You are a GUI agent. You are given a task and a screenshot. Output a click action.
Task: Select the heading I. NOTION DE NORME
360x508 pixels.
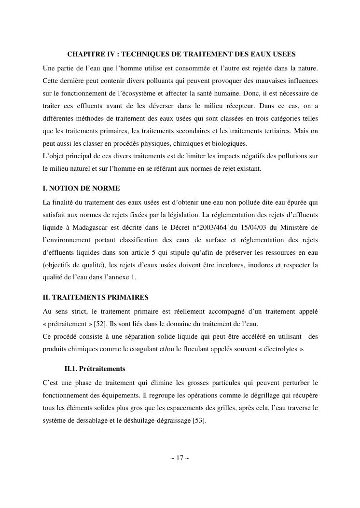(81, 188)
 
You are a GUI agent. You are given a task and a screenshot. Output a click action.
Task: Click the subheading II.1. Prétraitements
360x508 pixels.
(95, 369)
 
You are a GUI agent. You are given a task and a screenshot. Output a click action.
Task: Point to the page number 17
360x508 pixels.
(180, 458)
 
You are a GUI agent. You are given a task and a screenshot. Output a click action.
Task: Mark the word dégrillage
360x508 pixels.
(262, 395)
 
